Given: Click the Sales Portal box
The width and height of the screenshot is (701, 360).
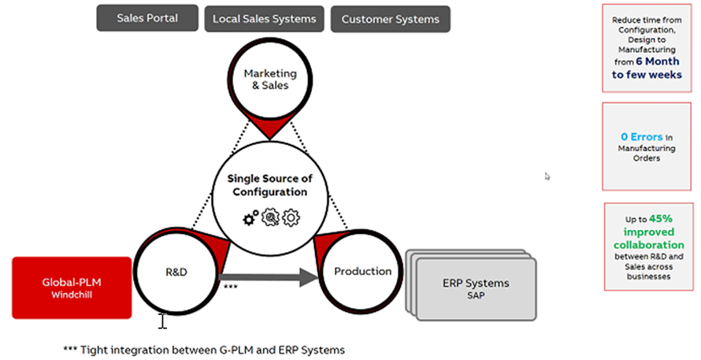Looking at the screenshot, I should point(147,18).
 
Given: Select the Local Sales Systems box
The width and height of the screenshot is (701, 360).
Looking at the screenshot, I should point(260,19).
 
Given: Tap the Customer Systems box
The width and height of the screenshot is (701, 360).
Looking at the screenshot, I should point(385,19).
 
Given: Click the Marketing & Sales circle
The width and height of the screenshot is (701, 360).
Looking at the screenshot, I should point(265,79).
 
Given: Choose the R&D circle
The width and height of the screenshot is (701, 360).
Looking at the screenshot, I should point(176,271).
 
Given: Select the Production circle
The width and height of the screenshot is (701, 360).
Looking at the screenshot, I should point(362,271).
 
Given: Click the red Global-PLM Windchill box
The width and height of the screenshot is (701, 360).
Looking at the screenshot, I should point(72,288).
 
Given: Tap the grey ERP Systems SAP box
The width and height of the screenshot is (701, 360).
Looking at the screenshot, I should point(472,289).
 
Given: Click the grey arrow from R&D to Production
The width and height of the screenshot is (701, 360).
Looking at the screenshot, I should point(272,276).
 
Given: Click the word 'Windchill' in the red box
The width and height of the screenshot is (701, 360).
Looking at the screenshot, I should point(72,294).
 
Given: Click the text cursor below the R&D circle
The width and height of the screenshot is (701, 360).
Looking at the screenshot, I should point(162,321).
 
